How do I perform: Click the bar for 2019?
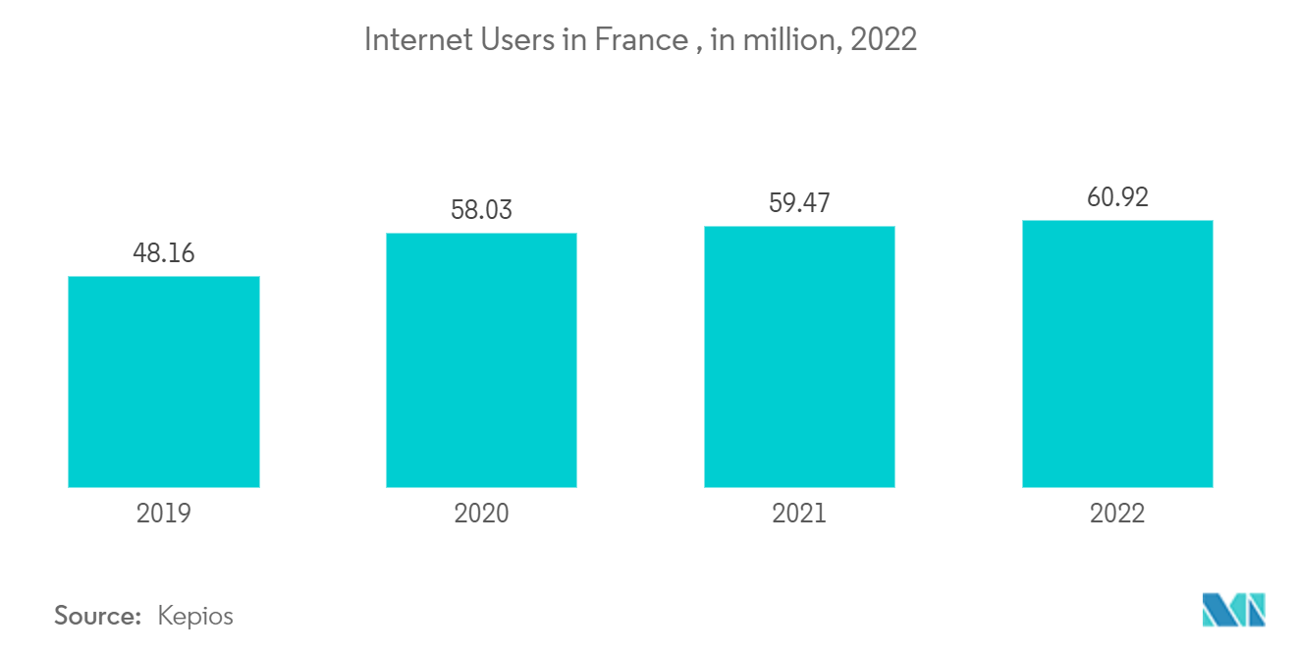click(x=164, y=382)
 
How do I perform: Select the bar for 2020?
click(x=481, y=360)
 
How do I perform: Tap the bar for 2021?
click(x=799, y=356)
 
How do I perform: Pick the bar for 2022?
click(x=1117, y=354)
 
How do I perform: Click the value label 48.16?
click(x=164, y=253)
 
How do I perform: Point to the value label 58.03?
click(x=481, y=210)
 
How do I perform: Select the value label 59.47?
click(x=799, y=204)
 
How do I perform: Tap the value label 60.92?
click(x=1117, y=197)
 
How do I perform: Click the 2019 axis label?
click(x=164, y=514)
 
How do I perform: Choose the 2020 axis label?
click(x=481, y=514)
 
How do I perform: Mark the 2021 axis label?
click(x=799, y=514)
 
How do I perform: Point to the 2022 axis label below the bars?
click(x=1117, y=514)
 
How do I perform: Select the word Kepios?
click(x=195, y=617)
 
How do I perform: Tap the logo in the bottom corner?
click(x=1234, y=610)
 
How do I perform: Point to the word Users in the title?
click(x=510, y=40)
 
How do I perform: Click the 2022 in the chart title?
click(x=885, y=40)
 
